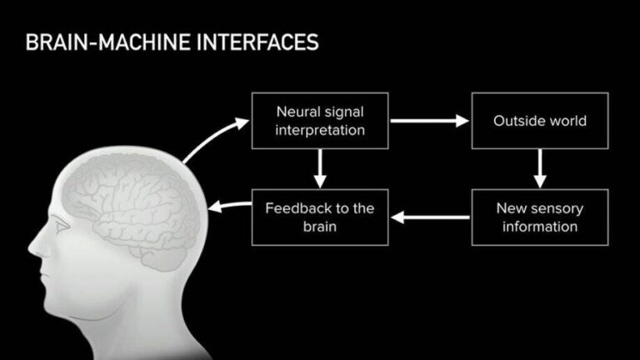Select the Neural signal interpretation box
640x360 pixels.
point(320,121)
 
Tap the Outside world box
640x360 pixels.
point(540,121)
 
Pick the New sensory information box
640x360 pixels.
point(540,217)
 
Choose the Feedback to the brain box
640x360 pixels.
point(320,217)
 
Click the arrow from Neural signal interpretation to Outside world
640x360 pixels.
point(430,122)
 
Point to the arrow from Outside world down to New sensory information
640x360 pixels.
point(540,169)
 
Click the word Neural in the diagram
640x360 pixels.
point(297,112)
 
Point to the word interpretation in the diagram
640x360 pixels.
point(320,130)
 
